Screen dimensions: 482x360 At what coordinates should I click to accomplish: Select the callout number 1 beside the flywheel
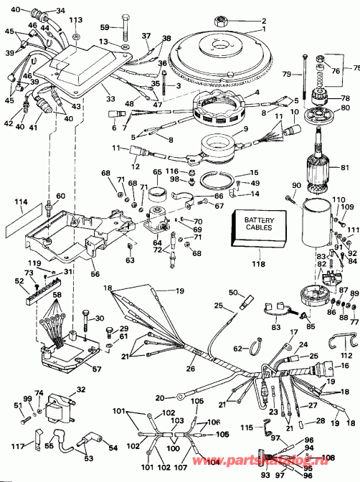pyautogui.click(x=263, y=29)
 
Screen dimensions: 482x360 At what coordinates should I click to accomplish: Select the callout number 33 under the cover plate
pyautogui.click(x=109, y=98)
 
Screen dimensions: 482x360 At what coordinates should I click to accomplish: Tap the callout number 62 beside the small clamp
pyautogui.click(x=236, y=349)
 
